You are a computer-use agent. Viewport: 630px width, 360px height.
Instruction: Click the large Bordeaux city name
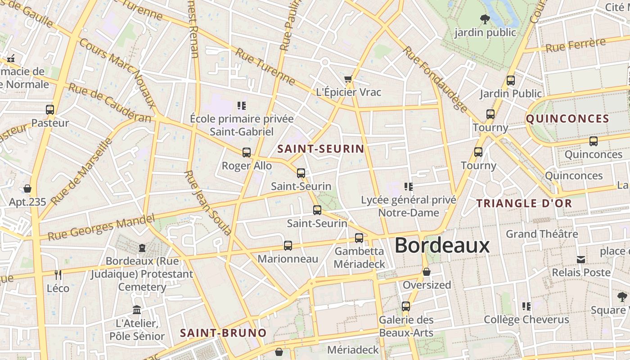click(442, 245)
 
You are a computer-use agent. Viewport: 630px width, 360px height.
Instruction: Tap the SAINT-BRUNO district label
click(223, 333)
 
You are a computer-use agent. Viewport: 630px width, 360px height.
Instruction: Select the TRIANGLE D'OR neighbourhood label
click(524, 203)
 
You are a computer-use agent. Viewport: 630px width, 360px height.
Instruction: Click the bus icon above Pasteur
click(50, 110)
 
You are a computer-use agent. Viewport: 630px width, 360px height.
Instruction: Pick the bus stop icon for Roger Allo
click(247, 153)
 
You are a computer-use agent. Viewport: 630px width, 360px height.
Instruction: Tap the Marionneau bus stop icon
click(288, 246)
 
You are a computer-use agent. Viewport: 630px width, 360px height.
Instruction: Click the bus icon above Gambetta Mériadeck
click(359, 238)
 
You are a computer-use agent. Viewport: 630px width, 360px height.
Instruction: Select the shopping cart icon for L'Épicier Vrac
click(348, 80)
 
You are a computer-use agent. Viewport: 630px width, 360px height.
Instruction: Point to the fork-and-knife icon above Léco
click(58, 274)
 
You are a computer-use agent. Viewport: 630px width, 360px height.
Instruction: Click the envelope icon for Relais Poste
click(581, 259)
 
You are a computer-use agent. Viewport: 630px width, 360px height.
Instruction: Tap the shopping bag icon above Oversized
click(426, 272)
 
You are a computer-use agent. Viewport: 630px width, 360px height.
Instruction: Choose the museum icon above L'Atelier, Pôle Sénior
click(137, 310)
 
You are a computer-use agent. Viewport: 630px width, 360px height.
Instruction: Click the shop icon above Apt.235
click(27, 188)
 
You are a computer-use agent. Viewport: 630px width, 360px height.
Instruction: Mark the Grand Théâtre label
click(542, 234)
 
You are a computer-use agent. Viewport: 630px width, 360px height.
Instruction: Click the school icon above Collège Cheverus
click(526, 306)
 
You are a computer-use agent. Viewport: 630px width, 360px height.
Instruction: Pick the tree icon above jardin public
click(485, 19)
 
